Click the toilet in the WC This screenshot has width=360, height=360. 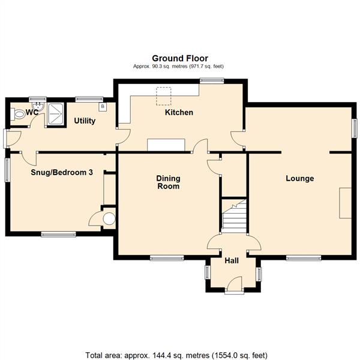point(18,114)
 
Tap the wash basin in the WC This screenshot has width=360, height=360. point(38,107)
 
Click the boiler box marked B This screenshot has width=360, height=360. point(103,107)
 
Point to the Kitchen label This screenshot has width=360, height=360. point(179,112)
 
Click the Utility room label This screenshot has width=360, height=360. point(85,121)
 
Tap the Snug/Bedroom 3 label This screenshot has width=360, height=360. point(62,172)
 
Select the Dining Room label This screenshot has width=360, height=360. point(168,182)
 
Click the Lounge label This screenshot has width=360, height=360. point(300,178)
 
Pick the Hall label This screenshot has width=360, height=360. point(232,260)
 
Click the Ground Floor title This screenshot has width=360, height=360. point(180,58)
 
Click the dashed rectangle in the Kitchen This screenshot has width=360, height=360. point(163,96)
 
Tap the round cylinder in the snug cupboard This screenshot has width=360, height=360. point(109,218)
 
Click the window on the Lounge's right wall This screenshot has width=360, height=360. point(355,128)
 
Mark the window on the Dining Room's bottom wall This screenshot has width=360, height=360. point(167,258)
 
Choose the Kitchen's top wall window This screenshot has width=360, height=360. point(212,80)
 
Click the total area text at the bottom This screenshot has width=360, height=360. point(176,355)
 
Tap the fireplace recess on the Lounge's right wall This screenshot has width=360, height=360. point(346,203)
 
